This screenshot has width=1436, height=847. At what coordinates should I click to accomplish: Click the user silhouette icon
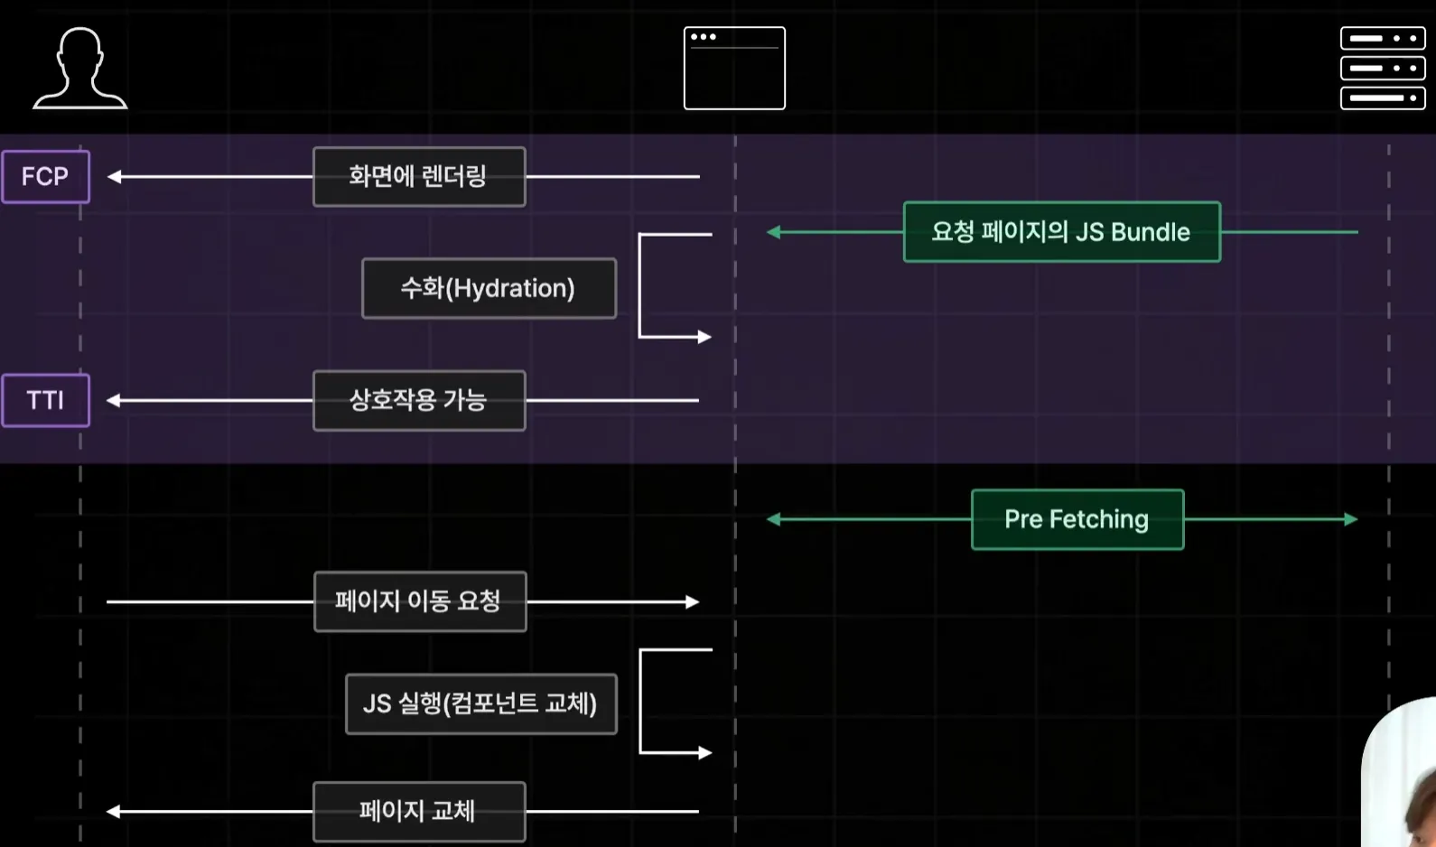[80, 69]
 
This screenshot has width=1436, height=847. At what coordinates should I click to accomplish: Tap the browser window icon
[734, 69]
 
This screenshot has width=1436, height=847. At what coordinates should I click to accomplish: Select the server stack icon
[1382, 68]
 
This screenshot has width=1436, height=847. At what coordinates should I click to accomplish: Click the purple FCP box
[45, 176]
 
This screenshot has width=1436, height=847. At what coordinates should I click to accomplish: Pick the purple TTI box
[45, 400]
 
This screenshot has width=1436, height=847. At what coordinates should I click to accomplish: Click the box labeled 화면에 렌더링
[419, 177]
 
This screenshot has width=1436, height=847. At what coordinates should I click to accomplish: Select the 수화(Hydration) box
[489, 289]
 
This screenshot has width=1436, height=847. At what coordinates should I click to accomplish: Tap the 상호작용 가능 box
[419, 400]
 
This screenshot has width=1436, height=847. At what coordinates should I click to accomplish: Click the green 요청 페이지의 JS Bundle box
[1061, 232]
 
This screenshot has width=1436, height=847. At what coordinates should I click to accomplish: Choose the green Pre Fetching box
[1077, 519]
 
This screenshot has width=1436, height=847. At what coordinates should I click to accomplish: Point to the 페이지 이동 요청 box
[420, 601]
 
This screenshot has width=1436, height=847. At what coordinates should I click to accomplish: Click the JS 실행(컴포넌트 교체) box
[481, 703]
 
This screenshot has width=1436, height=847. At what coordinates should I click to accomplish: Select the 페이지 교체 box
[419, 812]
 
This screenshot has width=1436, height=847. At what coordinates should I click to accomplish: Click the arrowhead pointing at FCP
[115, 177]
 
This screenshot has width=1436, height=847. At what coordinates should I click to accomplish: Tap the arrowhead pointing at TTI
[114, 400]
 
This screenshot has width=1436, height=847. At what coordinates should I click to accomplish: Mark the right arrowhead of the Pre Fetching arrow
[1351, 519]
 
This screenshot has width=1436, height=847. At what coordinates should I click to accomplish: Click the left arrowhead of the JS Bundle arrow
[773, 232]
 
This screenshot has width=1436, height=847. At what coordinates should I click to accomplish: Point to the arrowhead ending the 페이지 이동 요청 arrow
[693, 601]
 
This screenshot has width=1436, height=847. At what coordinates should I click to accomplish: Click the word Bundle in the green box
[1150, 232]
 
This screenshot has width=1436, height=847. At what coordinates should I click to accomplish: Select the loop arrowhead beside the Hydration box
[704, 337]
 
